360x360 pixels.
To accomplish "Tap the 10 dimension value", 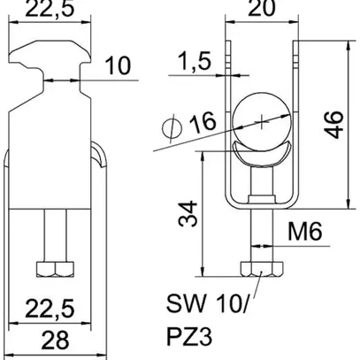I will (x=116, y=65).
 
